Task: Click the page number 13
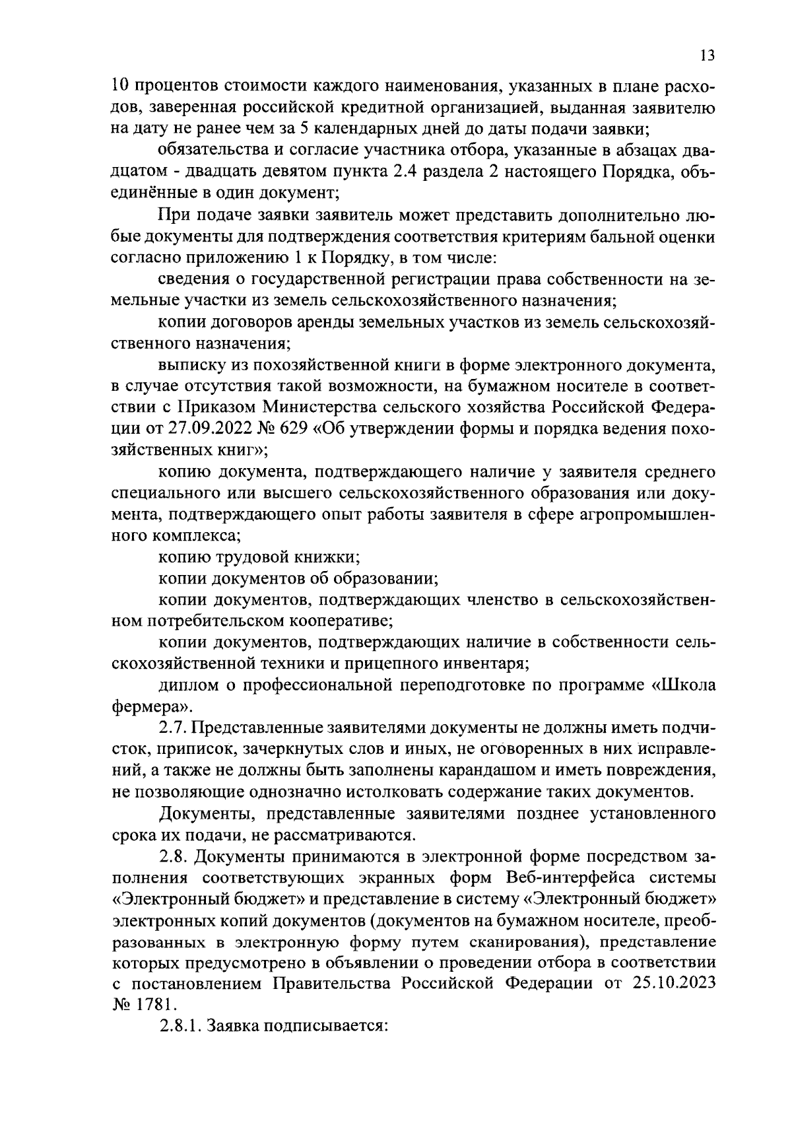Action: coord(707,55)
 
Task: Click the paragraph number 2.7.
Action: coord(173,728)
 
